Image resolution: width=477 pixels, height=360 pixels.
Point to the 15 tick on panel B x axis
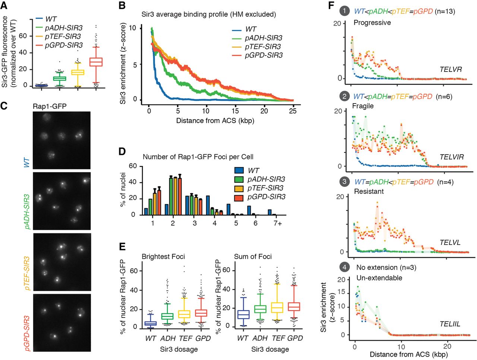point(235,111)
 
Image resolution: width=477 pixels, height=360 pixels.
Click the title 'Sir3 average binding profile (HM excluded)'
point(209,15)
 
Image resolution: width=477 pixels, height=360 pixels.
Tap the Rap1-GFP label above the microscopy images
point(50,106)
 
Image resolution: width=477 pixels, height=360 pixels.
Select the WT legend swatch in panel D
point(239,170)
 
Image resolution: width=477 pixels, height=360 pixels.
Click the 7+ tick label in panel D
point(277,223)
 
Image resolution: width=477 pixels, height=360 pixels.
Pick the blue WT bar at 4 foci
point(208,205)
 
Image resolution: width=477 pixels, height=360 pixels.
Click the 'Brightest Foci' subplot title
point(163,257)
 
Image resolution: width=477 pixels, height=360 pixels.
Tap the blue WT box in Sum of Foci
point(243,314)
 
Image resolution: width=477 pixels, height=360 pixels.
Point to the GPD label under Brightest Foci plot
point(203,338)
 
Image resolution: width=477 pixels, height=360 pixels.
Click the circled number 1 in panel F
point(344,11)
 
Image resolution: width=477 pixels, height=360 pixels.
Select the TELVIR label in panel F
point(452,157)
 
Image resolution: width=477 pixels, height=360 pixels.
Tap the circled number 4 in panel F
point(344,267)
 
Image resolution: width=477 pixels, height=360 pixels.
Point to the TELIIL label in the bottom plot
point(450,324)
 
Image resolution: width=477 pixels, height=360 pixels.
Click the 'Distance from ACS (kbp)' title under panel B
point(215,121)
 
